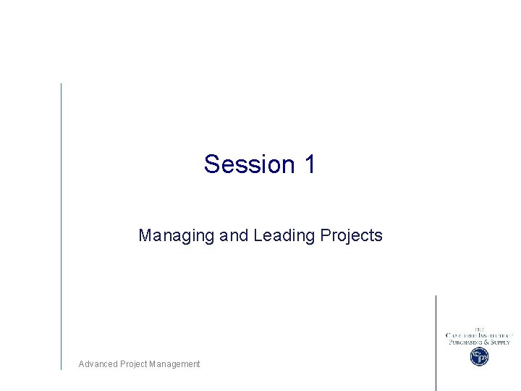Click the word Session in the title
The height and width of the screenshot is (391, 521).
tap(247, 164)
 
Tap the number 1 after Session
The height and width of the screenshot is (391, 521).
tap(310, 164)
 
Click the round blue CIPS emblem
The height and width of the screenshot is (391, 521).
tap(479, 356)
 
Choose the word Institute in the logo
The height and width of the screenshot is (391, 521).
tap(495, 335)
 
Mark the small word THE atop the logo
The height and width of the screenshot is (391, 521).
tap(479, 329)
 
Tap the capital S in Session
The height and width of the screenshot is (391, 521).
tap(211, 164)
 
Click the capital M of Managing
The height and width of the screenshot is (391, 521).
tap(144, 236)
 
